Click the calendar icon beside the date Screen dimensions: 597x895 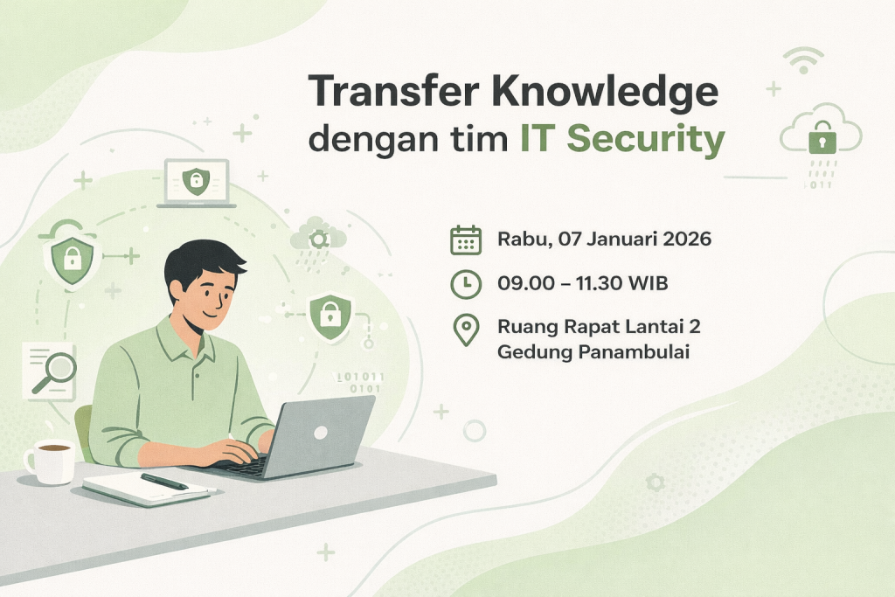(466, 239)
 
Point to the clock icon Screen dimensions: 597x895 (466, 284)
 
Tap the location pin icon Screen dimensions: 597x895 (467, 330)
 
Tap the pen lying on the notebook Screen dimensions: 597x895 (163, 482)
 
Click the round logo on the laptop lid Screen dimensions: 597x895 (320, 432)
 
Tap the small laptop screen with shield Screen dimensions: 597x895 (197, 181)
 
